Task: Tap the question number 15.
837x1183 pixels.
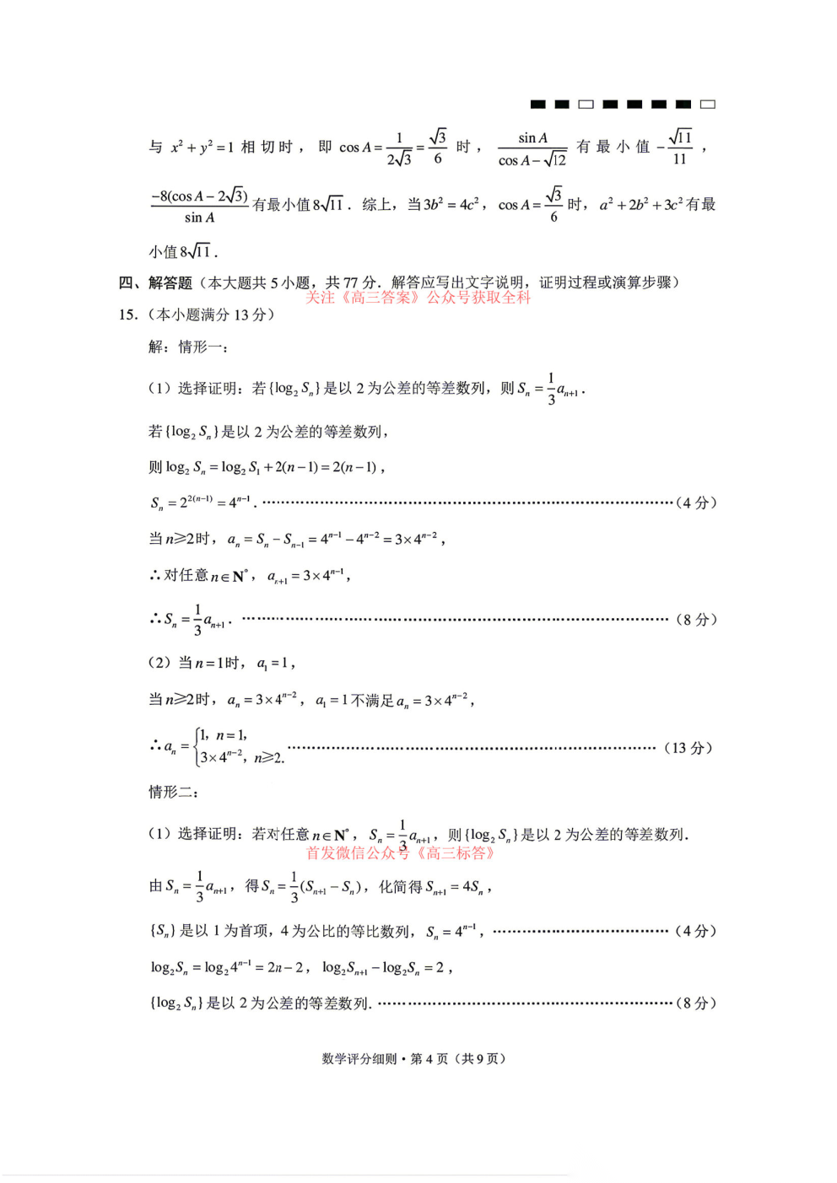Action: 127,315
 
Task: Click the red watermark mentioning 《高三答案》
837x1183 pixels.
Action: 418,298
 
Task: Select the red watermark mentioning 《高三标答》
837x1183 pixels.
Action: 400,853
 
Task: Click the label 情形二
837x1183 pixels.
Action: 173,792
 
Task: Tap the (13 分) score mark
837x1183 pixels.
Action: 688,748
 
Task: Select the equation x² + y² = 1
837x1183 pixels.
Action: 202,148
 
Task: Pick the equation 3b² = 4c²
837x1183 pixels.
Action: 451,205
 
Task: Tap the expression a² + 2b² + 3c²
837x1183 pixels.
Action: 640,205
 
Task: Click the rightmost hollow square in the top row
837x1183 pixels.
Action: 708,104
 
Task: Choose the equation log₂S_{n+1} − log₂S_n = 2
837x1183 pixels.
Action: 384,968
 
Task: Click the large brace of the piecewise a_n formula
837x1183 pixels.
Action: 197,747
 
